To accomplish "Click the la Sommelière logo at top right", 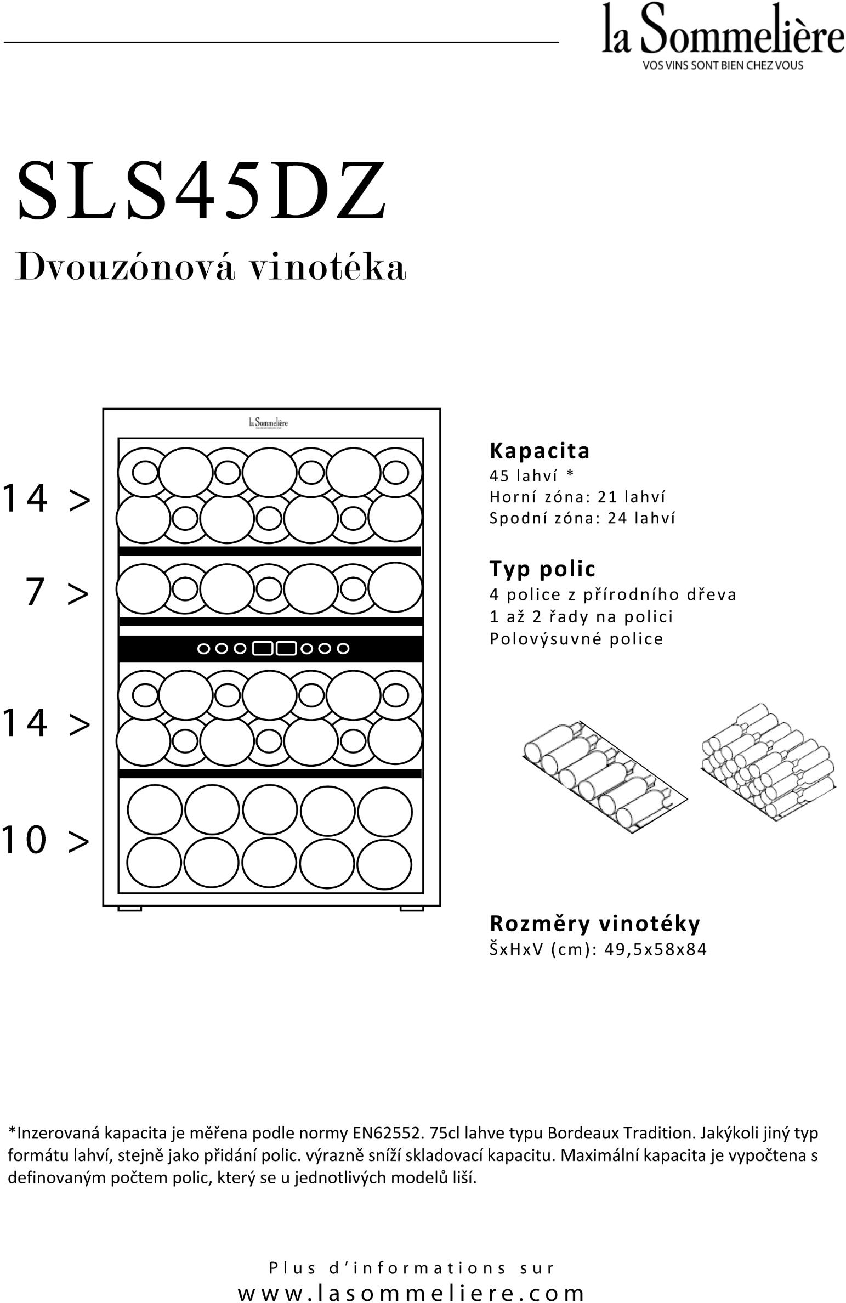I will pos(722,30).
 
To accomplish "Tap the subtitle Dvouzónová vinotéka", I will pos(210,267).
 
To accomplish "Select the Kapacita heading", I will pos(540,451).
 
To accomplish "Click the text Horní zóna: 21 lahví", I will pos(577,497).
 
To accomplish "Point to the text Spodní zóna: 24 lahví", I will pos(582,518).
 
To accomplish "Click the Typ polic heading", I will pos(542,569).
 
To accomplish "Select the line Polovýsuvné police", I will pos(576,639).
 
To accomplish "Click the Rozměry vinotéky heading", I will pos(595,924).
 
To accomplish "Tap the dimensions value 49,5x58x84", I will pos(655,949).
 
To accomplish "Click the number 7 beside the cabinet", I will pos(35,593).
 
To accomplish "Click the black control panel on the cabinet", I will pos(271,649).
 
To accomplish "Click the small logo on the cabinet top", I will pos(268,423).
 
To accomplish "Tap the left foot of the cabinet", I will pos(130,909).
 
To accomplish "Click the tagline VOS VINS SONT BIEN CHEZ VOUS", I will pos(722,65).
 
